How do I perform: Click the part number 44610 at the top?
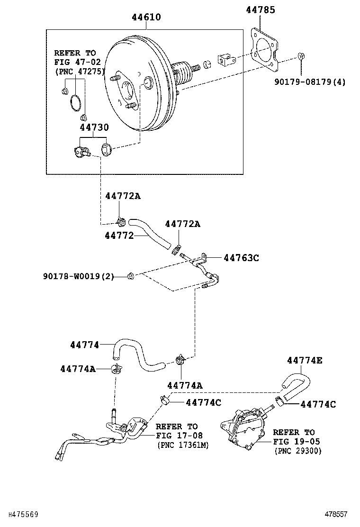146,18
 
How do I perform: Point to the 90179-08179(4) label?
310,82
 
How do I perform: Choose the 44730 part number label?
94,127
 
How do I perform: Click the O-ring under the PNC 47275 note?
75,103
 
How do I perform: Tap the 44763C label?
241,258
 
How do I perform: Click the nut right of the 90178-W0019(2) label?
132,276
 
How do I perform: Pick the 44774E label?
304,361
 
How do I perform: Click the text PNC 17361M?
182,445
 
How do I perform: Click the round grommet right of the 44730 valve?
107,150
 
